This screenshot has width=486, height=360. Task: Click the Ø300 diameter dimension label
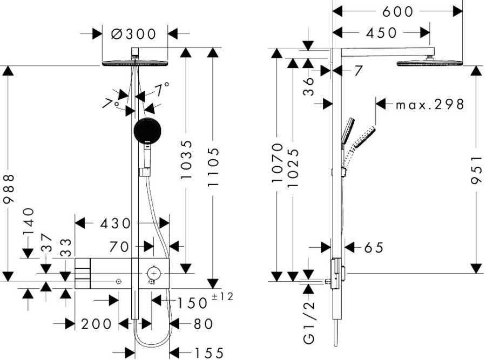[133, 34]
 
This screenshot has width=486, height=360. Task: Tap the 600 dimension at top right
[397, 11]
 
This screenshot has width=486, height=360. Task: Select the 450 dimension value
[381, 33]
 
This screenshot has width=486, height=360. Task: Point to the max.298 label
[430, 104]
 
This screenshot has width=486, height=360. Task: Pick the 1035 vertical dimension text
[186, 160]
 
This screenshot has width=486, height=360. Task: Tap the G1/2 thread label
[309, 322]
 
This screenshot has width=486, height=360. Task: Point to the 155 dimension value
[209, 353]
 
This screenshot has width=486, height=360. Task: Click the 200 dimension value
[96, 324]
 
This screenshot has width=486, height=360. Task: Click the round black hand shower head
[147, 131]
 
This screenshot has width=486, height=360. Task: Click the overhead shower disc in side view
[430, 64]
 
